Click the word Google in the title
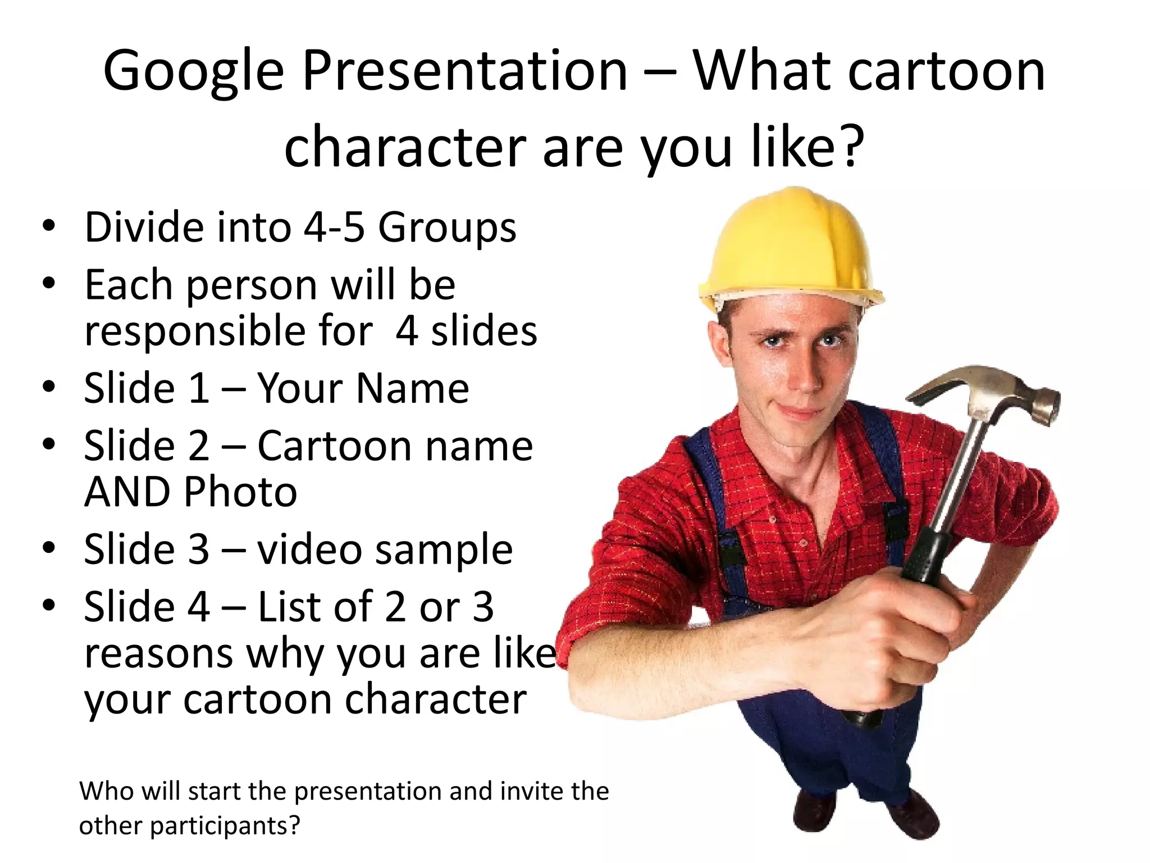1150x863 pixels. [x=193, y=72]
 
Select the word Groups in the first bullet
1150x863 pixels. [x=446, y=228]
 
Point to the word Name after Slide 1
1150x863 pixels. [x=412, y=388]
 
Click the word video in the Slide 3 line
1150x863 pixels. [x=309, y=549]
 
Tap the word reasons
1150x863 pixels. [x=159, y=653]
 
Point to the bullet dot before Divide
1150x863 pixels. [x=49, y=226]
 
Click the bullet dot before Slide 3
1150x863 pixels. [x=49, y=548]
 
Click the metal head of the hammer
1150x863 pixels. [x=988, y=393]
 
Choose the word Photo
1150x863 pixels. [x=240, y=492]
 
